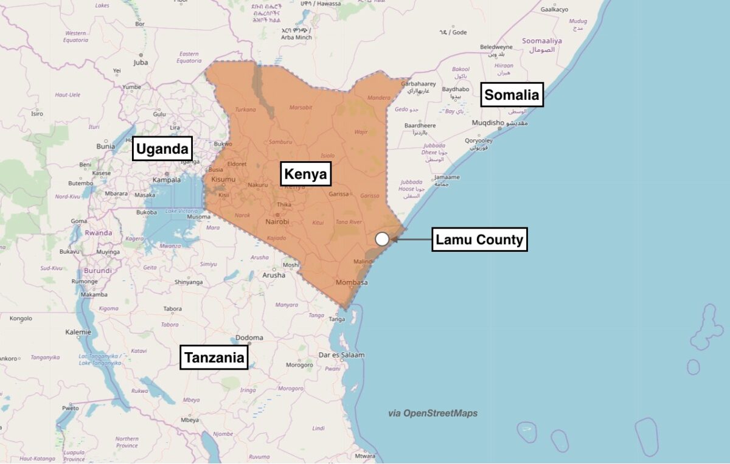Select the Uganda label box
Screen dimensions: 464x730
162,148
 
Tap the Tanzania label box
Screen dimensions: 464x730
215,358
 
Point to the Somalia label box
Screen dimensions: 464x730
512,95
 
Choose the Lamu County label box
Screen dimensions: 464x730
479,240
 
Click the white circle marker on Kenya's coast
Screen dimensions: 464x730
382,239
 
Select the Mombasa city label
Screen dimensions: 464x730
352,283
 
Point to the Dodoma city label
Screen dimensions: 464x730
249,338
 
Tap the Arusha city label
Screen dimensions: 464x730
274,275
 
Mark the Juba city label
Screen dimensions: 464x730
141,62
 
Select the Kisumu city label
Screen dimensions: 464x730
223,180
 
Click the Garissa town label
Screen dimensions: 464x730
338,195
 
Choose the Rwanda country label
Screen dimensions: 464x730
99,233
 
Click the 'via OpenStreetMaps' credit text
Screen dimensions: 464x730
433,414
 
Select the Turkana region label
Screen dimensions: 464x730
245,110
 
